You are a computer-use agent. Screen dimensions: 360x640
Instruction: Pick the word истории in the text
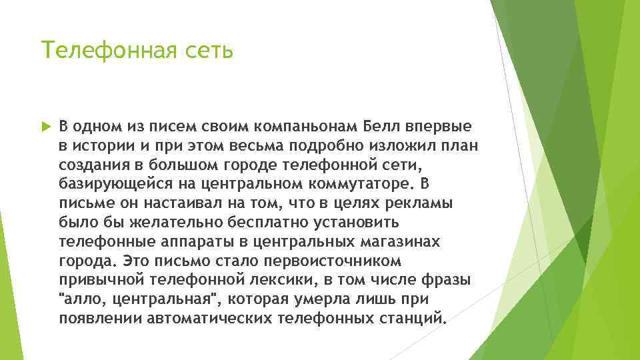pos(98,146)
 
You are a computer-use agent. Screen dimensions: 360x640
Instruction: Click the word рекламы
pos(418,203)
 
